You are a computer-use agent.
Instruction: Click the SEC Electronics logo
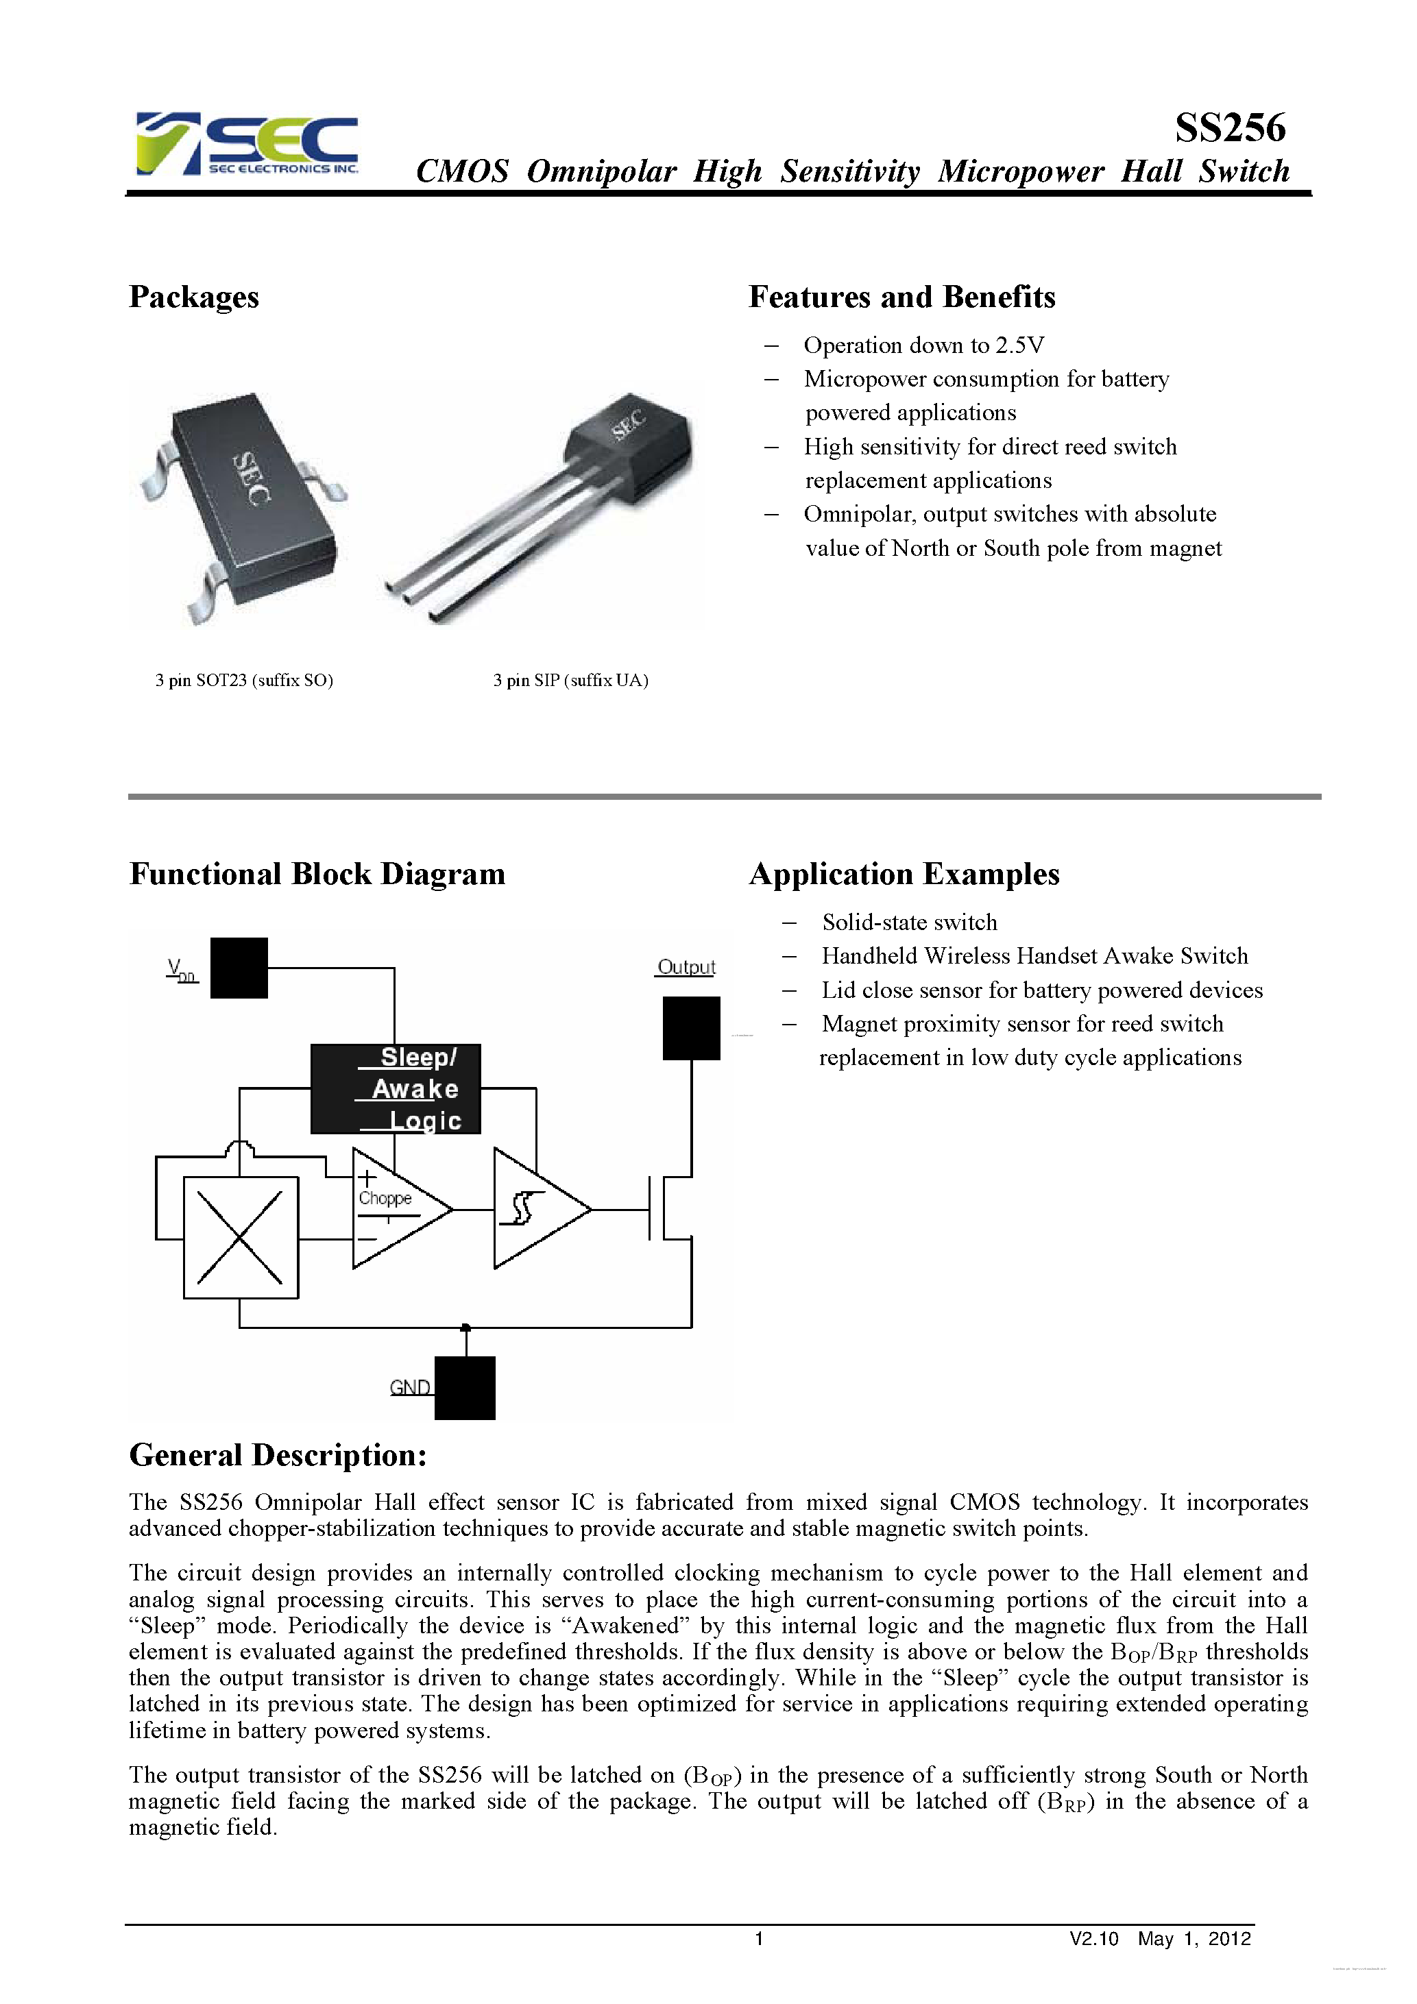point(247,144)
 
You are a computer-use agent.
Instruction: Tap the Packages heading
point(194,297)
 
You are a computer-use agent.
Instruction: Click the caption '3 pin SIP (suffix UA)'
point(570,680)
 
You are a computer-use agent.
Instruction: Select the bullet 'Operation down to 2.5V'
point(923,345)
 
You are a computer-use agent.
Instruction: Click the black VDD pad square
point(239,967)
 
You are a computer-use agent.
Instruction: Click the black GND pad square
point(465,1387)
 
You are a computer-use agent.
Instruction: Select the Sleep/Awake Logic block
point(396,1088)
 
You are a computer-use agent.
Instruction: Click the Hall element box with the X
point(240,1237)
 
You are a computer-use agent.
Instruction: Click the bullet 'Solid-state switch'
point(909,922)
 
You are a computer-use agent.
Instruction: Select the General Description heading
point(278,1455)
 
